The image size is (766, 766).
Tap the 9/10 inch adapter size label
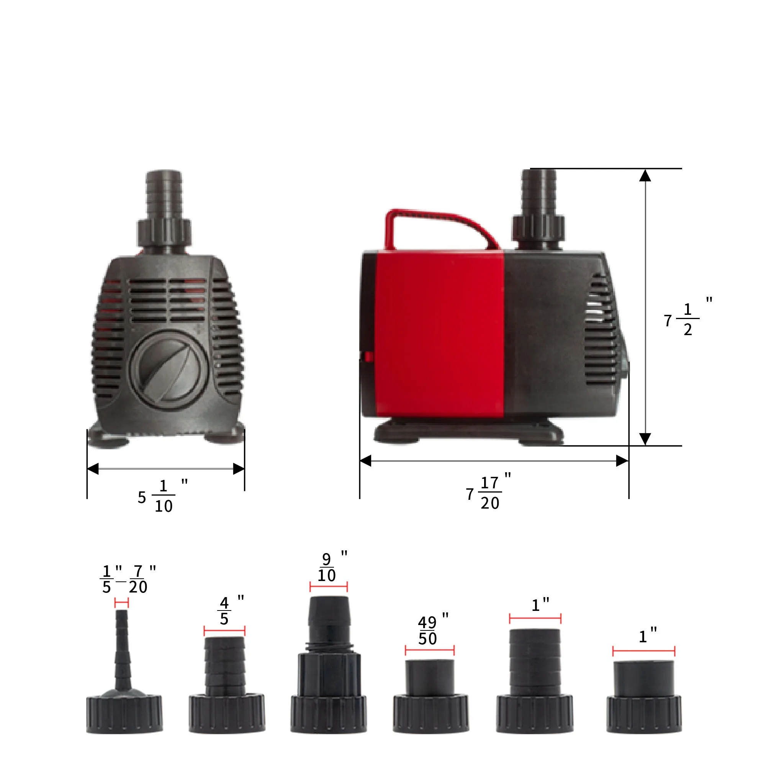(332, 566)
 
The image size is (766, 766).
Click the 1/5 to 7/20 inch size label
(128, 579)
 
